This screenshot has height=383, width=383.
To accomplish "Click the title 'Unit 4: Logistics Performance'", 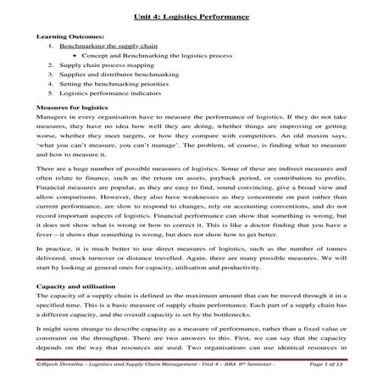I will (x=191, y=16).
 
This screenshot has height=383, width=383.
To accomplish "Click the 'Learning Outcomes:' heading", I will (x=69, y=37).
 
